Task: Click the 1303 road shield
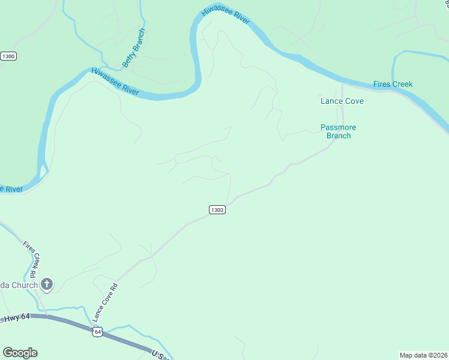pos(217,209)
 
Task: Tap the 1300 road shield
pos(8,56)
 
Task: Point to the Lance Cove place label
pos(342,101)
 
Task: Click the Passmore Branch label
pos(339,131)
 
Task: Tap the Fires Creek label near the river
pos(393,84)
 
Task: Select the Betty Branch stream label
pos(134,47)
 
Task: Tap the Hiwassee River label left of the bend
pos(115,82)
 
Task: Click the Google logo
pos(20,353)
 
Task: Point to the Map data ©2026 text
pos(423,355)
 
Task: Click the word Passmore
pos(339,127)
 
